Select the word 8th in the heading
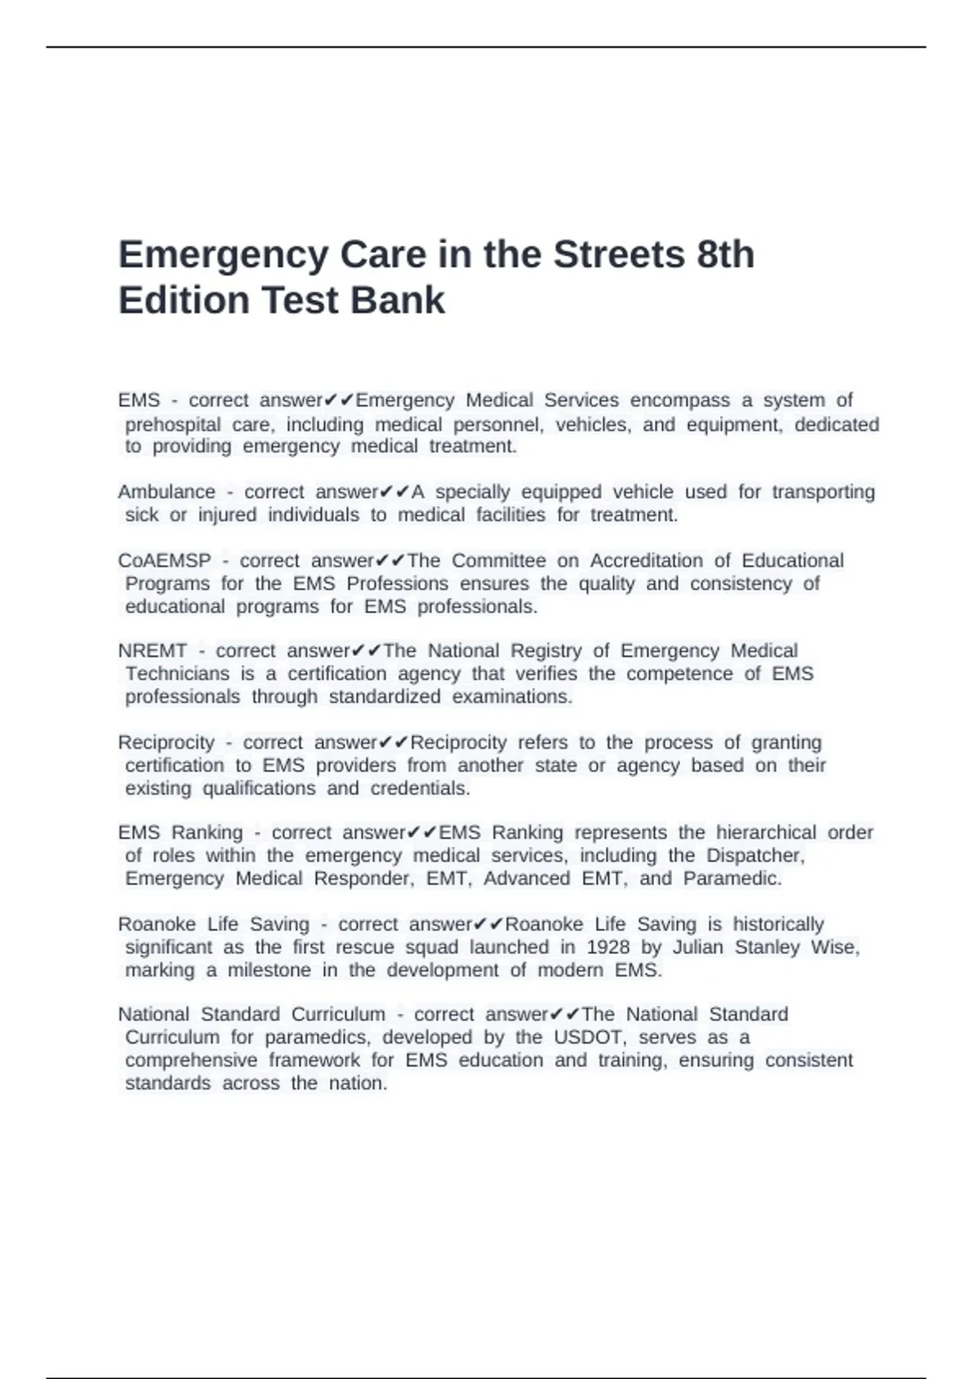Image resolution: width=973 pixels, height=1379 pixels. tap(725, 255)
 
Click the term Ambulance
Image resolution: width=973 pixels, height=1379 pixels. tap(166, 492)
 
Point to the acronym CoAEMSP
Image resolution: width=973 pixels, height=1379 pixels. tap(164, 561)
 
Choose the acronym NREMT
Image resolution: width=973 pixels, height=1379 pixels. tap(152, 651)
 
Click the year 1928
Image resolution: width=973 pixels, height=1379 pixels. tap(607, 947)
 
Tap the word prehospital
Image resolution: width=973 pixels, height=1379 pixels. tap(173, 425)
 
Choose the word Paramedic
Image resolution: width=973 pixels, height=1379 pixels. tap(732, 879)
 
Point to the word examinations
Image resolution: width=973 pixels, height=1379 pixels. tap(512, 697)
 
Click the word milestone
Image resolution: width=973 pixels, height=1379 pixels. tap(268, 971)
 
